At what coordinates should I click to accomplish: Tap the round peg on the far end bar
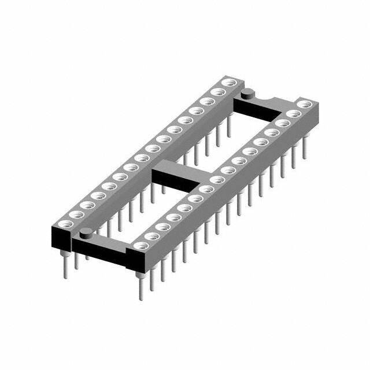point(247,93)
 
